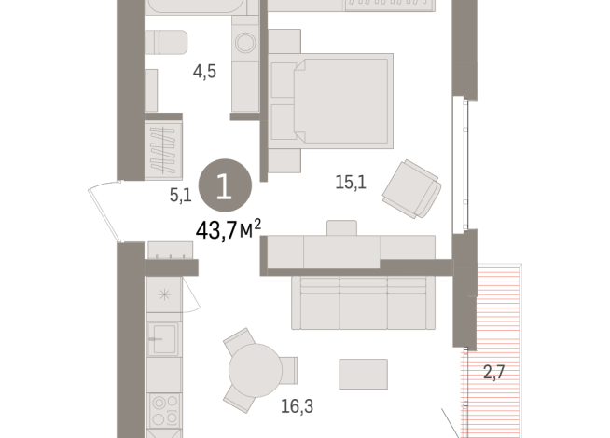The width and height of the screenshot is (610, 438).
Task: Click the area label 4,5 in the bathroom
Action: click(204, 72)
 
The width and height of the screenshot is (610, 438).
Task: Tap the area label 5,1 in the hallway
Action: click(180, 194)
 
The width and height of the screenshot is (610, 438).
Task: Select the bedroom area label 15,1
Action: click(350, 184)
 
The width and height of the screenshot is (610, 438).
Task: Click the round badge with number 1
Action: click(225, 183)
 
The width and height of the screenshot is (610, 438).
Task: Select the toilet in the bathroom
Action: click(166, 43)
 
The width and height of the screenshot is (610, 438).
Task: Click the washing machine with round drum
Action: click(246, 43)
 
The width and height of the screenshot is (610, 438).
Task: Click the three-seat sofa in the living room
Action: click(363, 301)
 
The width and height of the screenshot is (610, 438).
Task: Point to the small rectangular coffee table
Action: click(362, 374)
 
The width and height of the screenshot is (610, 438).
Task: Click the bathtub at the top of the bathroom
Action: click(201, 7)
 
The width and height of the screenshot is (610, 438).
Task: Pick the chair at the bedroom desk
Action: click(341, 227)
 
